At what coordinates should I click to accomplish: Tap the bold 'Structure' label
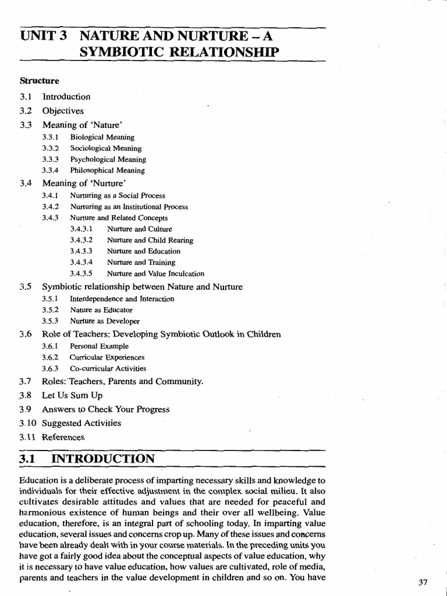click(x=40, y=80)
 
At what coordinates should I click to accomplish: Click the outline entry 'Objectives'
click(x=63, y=111)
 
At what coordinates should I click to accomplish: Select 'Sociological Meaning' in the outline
click(x=105, y=148)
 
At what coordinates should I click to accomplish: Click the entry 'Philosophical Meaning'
click(x=107, y=171)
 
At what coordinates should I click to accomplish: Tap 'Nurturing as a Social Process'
click(x=118, y=196)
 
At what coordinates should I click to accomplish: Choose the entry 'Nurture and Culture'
click(x=140, y=229)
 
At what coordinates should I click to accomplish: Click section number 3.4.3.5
click(x=81, y=274)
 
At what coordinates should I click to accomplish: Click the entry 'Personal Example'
click(x=99, y=346)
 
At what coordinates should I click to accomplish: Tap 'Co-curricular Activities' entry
click(x=108, y=368)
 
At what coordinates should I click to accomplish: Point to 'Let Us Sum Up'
click(x=72, y=396)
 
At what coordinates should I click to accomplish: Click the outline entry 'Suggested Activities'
click(x=81, y=423)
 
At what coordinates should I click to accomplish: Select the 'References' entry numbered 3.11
click(x=63, y=437)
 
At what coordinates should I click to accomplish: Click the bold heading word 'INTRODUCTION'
click(x=103, y=459)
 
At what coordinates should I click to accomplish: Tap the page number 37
click(x=423, y=582)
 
